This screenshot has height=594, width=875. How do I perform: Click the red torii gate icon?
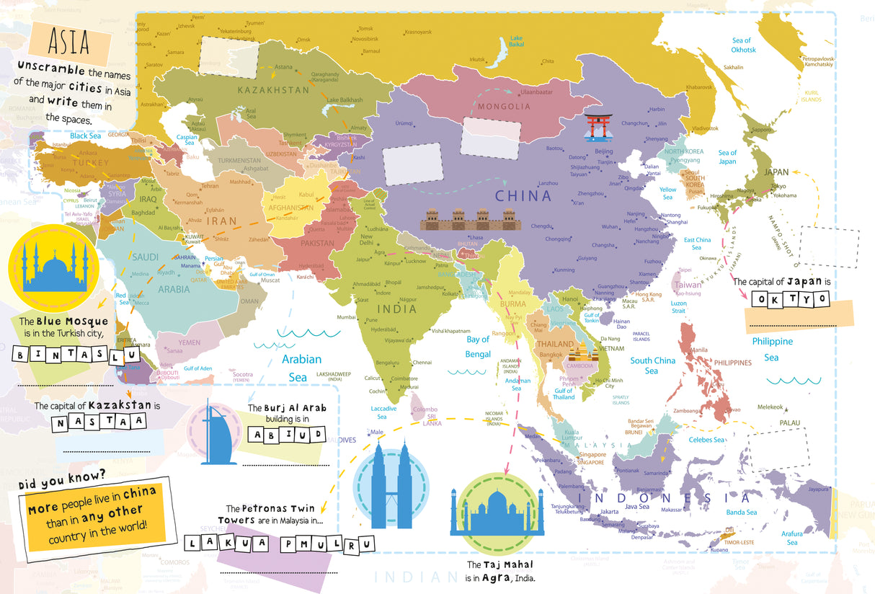point(595,127)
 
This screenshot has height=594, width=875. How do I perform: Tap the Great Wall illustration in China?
point(471,219)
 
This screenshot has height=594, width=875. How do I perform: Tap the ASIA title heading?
point(69,43)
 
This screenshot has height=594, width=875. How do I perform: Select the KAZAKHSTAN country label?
point(272,90)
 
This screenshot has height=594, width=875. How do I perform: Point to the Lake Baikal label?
point(516,41)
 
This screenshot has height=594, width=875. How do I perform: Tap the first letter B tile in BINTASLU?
point(22,355)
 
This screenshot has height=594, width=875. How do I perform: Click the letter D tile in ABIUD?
point(316,434)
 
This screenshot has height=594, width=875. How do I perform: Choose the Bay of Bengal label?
point(478,346)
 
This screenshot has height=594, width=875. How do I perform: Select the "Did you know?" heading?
point(62,475)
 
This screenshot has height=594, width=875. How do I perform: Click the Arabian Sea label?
point(301,368)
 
